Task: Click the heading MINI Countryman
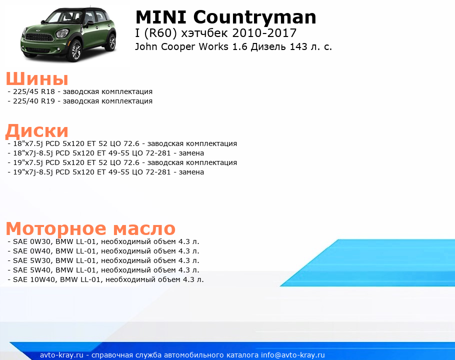coord(226,17)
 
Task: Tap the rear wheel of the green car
coord(111,42)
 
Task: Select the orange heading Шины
coord(37,78)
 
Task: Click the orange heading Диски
coord(37,131)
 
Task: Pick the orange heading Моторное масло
coord(90,228)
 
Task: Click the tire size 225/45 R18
coord(34,91)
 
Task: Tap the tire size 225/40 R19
coord(34,101)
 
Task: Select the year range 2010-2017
coord(264,33)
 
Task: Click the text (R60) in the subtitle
coord(160,33)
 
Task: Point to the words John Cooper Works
coord(181,46)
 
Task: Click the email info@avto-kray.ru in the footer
coord(293,355)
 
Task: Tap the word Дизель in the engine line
coord(268,46)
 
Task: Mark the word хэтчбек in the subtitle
coord(204,33)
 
